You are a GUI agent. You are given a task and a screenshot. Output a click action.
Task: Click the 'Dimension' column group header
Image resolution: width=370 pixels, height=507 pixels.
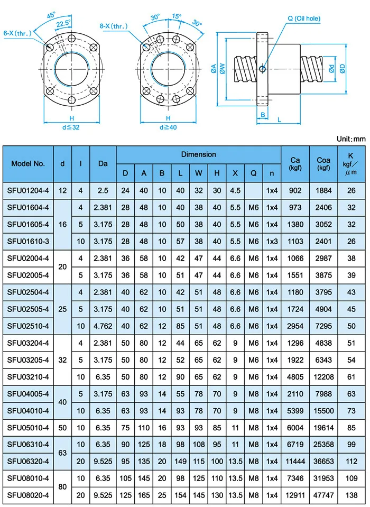click(198, 154)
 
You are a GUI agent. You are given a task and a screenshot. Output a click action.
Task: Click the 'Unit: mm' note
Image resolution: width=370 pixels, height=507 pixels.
click(350, 139)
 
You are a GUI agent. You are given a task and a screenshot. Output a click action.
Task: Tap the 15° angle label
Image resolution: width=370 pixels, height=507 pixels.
click(175, 17)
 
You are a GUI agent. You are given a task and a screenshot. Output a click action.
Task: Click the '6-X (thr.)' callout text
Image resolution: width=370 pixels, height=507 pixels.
click(16, 33)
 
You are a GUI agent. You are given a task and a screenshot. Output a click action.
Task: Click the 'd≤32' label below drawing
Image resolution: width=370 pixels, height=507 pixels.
click(70, 127)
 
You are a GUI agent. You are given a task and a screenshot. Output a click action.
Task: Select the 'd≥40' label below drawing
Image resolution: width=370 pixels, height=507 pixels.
click(168, 127)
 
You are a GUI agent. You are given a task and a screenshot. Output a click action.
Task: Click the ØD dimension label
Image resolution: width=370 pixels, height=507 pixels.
click(342, 68)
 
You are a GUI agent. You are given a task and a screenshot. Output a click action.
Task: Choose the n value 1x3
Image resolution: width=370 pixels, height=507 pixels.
click(272, 242)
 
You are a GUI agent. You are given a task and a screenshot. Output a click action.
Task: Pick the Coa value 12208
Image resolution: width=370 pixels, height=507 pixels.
click(323, 376)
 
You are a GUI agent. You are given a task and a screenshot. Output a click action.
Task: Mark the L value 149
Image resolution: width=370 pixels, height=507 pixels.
click(181, 460)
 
